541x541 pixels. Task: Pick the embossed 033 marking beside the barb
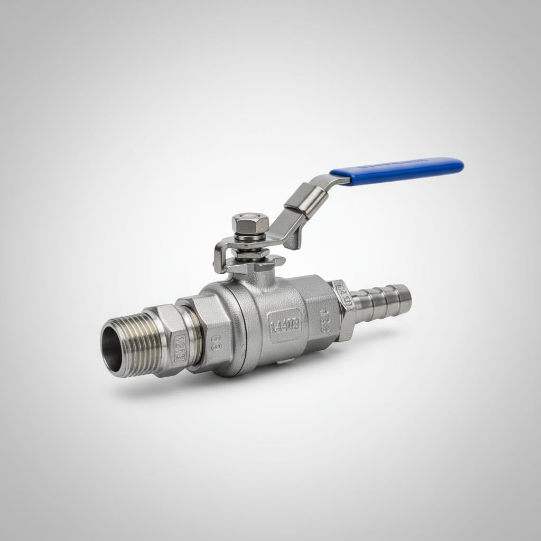324,320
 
